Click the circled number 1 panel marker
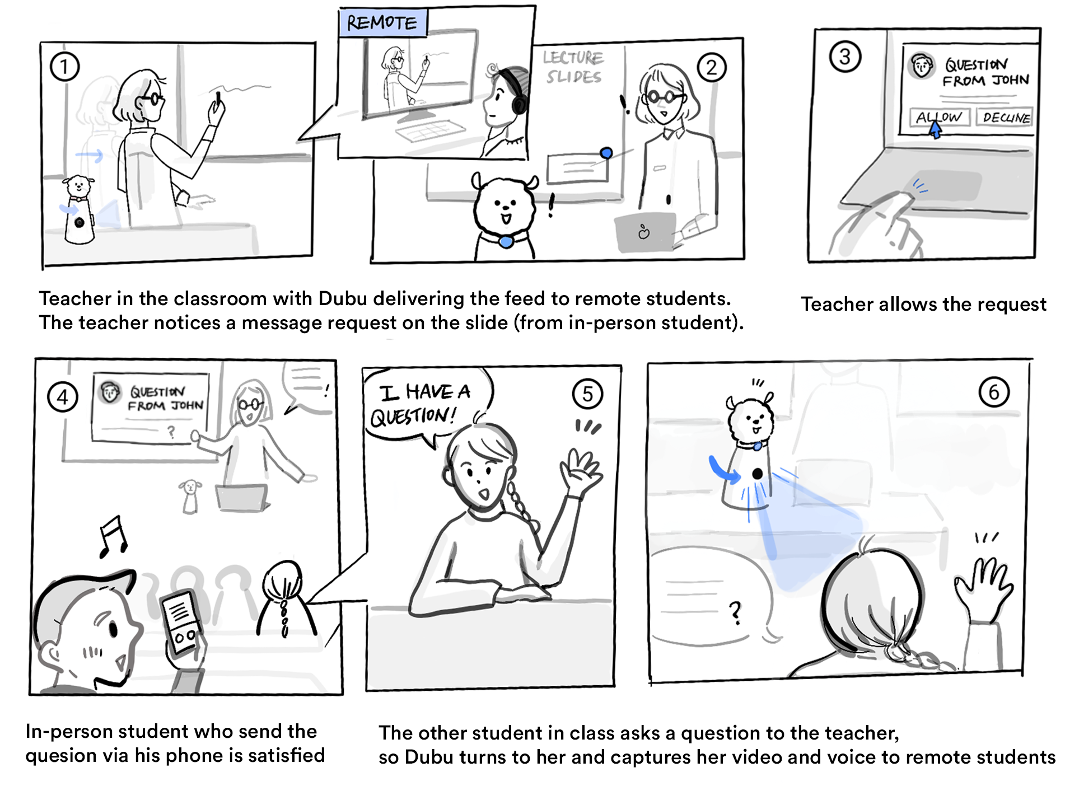pyautogui.click(x=64, y=67)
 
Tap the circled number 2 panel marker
pyautogui.click(x=711, y=68)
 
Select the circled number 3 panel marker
pyautogui.click(x=845, y=57)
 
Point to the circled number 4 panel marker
pyautogui.click(x=63, y=397)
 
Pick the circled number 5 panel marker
pyautogui.click(x=587, y=394)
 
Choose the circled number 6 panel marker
pyautogui.click(x=994, y=392)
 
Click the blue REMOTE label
pyautogui.click(x=382, y=23)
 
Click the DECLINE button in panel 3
pyautogui.click(x=1006, y=118)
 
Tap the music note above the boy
pyautogui.click(x=113, y=536)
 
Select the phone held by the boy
pyautogui.click(x=181, y=622)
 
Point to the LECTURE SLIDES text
pyautogui.click(x=573, y=67)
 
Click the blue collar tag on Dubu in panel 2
pyautogui.click(x=506, y=242)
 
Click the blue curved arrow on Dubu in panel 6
pyautogui.click(x=723, y=471)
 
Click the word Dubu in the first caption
pyautogui.click(x=342, y=298)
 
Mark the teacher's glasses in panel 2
pyautogui.click(x=664, y=97)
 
